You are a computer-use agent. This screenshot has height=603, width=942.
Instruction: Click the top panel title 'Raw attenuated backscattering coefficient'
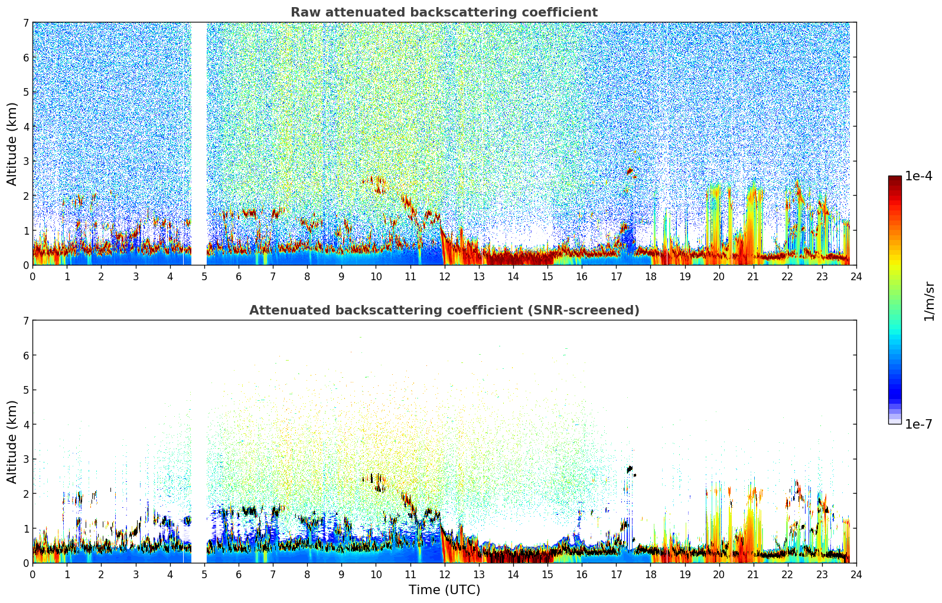(x=444, y=12)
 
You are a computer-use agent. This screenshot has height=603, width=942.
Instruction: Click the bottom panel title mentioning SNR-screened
(x=444, y=310)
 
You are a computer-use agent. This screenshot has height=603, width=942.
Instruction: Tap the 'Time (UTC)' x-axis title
(x=444, y=590)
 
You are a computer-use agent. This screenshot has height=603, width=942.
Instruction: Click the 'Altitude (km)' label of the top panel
(x=12, y=144)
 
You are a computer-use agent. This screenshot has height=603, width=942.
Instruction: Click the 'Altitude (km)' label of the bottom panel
(x=12, y=442)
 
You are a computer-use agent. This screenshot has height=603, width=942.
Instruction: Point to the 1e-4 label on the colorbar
(x=918, y=176)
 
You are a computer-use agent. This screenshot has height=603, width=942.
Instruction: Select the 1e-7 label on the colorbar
(x=918, y=424)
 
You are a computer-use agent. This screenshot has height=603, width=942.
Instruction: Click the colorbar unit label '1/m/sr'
(x=929, y=301)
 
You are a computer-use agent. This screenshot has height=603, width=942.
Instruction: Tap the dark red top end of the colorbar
(x=895, y=179)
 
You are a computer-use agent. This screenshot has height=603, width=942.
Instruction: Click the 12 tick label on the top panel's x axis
(x=444, y=276)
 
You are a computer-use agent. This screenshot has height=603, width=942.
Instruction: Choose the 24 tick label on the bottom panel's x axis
(x=856, y=574)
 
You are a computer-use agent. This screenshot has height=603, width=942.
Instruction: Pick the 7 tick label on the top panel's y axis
(x=25, y=23)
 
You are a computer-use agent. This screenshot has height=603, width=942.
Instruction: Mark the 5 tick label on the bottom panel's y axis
(x=25, y=390)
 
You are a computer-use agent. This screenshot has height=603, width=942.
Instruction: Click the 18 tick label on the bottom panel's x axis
(x=650, y=574)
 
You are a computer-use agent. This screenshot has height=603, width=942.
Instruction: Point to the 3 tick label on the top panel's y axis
(x=25, y=161)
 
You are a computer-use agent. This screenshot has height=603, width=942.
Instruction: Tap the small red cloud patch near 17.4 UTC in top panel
(x=630, y=171)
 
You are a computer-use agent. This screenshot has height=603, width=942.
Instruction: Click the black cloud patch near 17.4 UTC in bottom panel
(x=630, y=469)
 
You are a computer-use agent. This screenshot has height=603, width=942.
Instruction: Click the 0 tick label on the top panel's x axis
(x=32, y=276)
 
